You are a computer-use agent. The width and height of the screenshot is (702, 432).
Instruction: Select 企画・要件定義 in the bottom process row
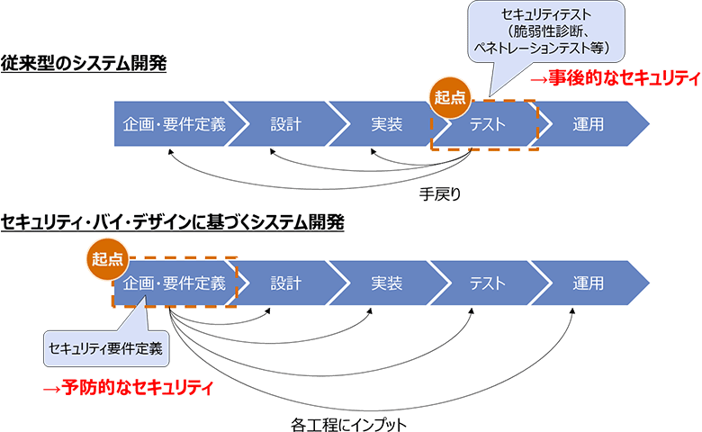coord(175,283)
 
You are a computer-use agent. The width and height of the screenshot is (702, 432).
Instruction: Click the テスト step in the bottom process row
coord(487,283)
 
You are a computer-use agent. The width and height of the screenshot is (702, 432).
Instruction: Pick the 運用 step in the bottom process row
coord(588,283)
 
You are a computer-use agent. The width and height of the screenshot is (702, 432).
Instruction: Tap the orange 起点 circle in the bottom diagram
coord(107,259)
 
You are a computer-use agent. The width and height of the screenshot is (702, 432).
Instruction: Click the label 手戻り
coord(440,193)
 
